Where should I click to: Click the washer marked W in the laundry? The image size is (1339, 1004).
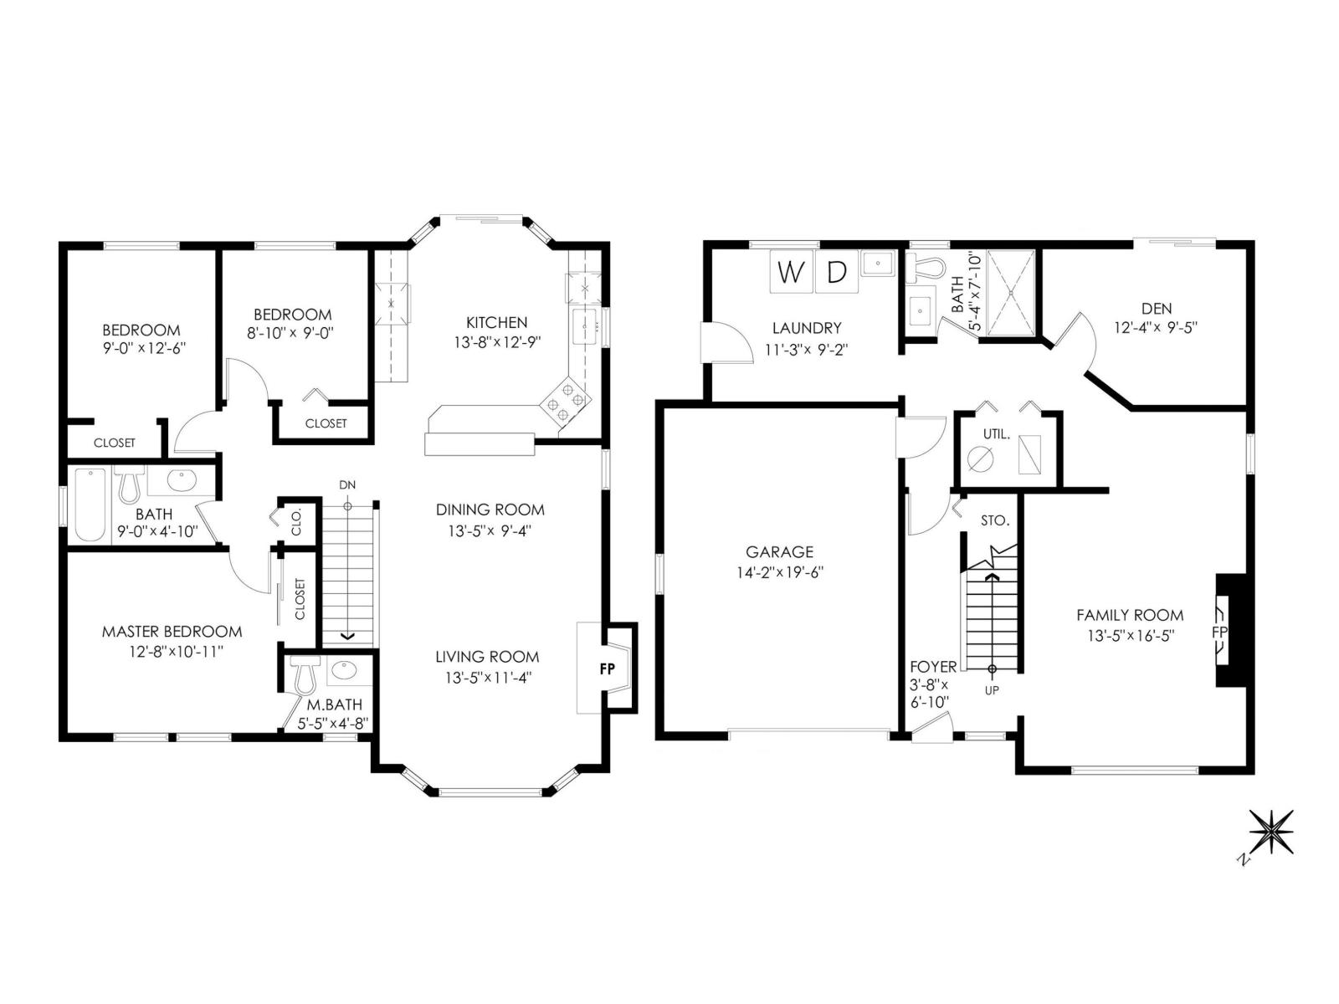pyautogui.click(x=791, y=272)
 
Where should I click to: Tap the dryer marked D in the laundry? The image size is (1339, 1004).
pyautogui.click(x=836, y=272)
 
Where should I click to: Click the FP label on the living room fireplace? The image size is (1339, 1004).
pyautogui.click(x=608, y=668)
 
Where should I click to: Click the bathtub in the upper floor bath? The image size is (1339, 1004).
pyautogui.click(x=90, y=505)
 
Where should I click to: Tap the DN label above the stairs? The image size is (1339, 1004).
pyautogui.click(x=347, y=485)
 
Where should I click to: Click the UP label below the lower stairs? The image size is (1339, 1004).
pyautogui.click(x=992, y=690)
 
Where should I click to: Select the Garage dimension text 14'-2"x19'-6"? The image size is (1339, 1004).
pyautogui.click(x=780, y=573)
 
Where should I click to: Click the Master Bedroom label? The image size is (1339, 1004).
pyautogui.click(x=172, y=632)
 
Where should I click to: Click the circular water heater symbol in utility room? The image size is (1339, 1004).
pyautogui.click(x=980, y=458)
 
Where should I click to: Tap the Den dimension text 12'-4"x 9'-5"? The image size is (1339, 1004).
pyautogui.click(x=1156, y=328)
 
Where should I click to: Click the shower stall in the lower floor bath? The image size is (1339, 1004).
pyautogui.click(x=1012, y=293)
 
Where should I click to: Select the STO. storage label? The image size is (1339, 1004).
pyautogui.click(x=995, y=520)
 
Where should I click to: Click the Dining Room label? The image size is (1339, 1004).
pyautogui.click(x=490, y=510)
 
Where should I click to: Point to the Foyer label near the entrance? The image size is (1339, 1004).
pyautogui.click(x=933, y=667)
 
